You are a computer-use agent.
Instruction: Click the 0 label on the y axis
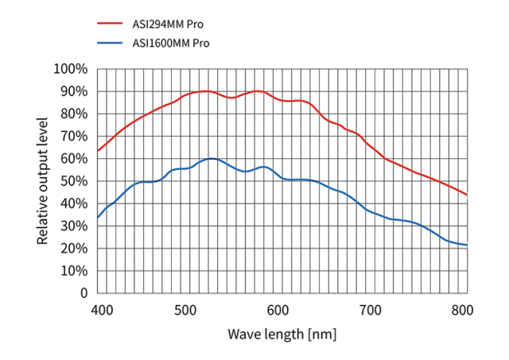pos(83,293)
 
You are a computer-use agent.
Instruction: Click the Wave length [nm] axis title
pos(282,334)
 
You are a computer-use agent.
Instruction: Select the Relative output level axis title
pos(44,181)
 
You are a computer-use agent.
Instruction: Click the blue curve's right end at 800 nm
pos(466,245)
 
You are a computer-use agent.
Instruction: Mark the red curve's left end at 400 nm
pos(97,151)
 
